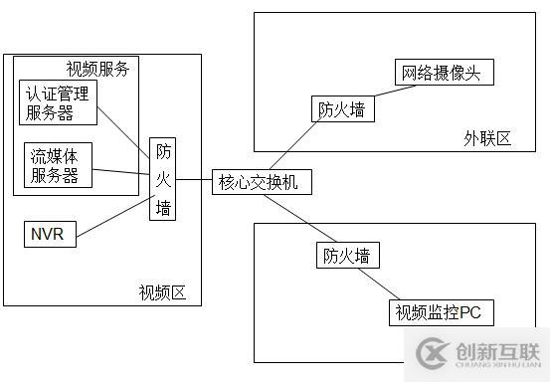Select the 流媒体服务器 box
click(x=59, y=165)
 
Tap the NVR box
click(x=48, y=235)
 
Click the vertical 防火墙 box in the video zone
click(x=164, y=179)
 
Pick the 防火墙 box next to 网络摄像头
click(x=342, y=108)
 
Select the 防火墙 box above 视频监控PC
click(x=348, y=255)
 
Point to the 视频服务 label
click(x=96, y=68)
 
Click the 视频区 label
click(x=162, y=292)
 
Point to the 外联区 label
click(x=486, y=137)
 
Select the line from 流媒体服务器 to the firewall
click(x=119, y=168)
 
